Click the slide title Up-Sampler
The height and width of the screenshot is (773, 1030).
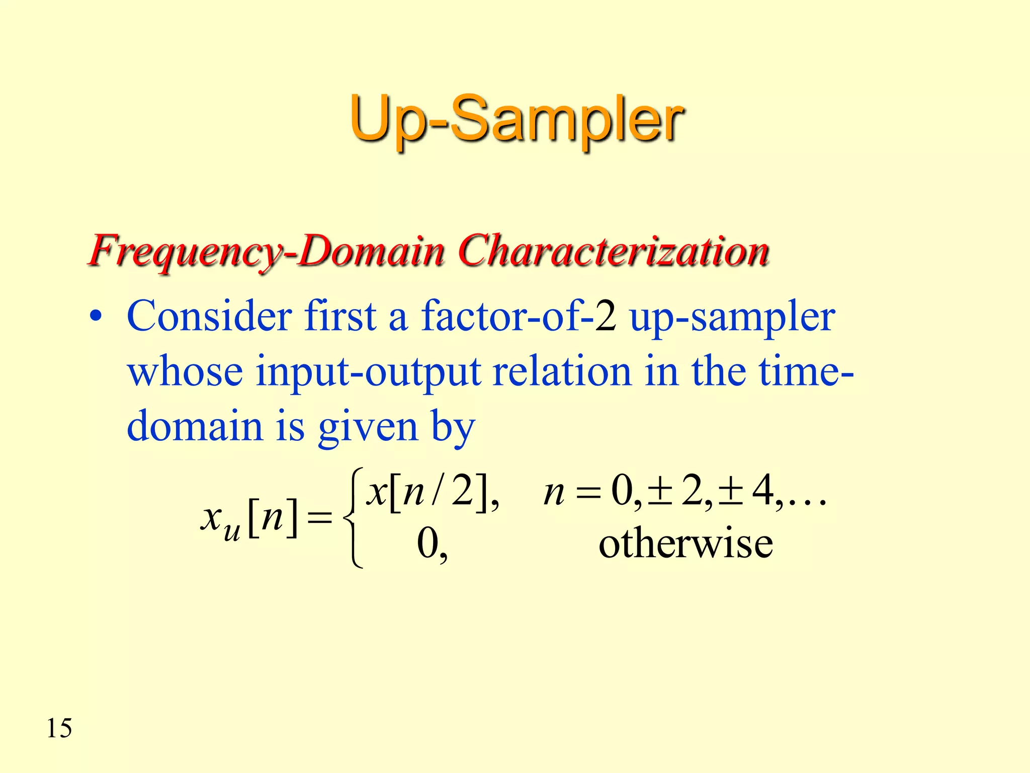516,121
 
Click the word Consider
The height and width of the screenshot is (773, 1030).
209,317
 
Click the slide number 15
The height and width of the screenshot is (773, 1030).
59,728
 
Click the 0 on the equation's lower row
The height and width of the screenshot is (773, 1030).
428,544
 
